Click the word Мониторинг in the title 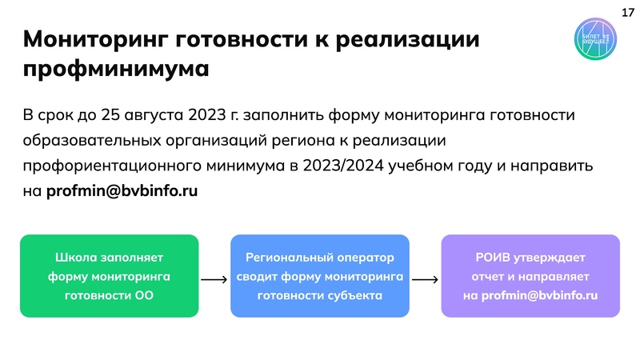point(94,39)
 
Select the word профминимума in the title point(116,69)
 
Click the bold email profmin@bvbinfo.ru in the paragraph point(122,191)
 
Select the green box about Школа point(109,276)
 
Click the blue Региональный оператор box point(320,276)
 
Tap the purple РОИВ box point(530,276)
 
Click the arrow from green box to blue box point(214,280)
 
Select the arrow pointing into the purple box point(424,280)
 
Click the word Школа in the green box point(74,258)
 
